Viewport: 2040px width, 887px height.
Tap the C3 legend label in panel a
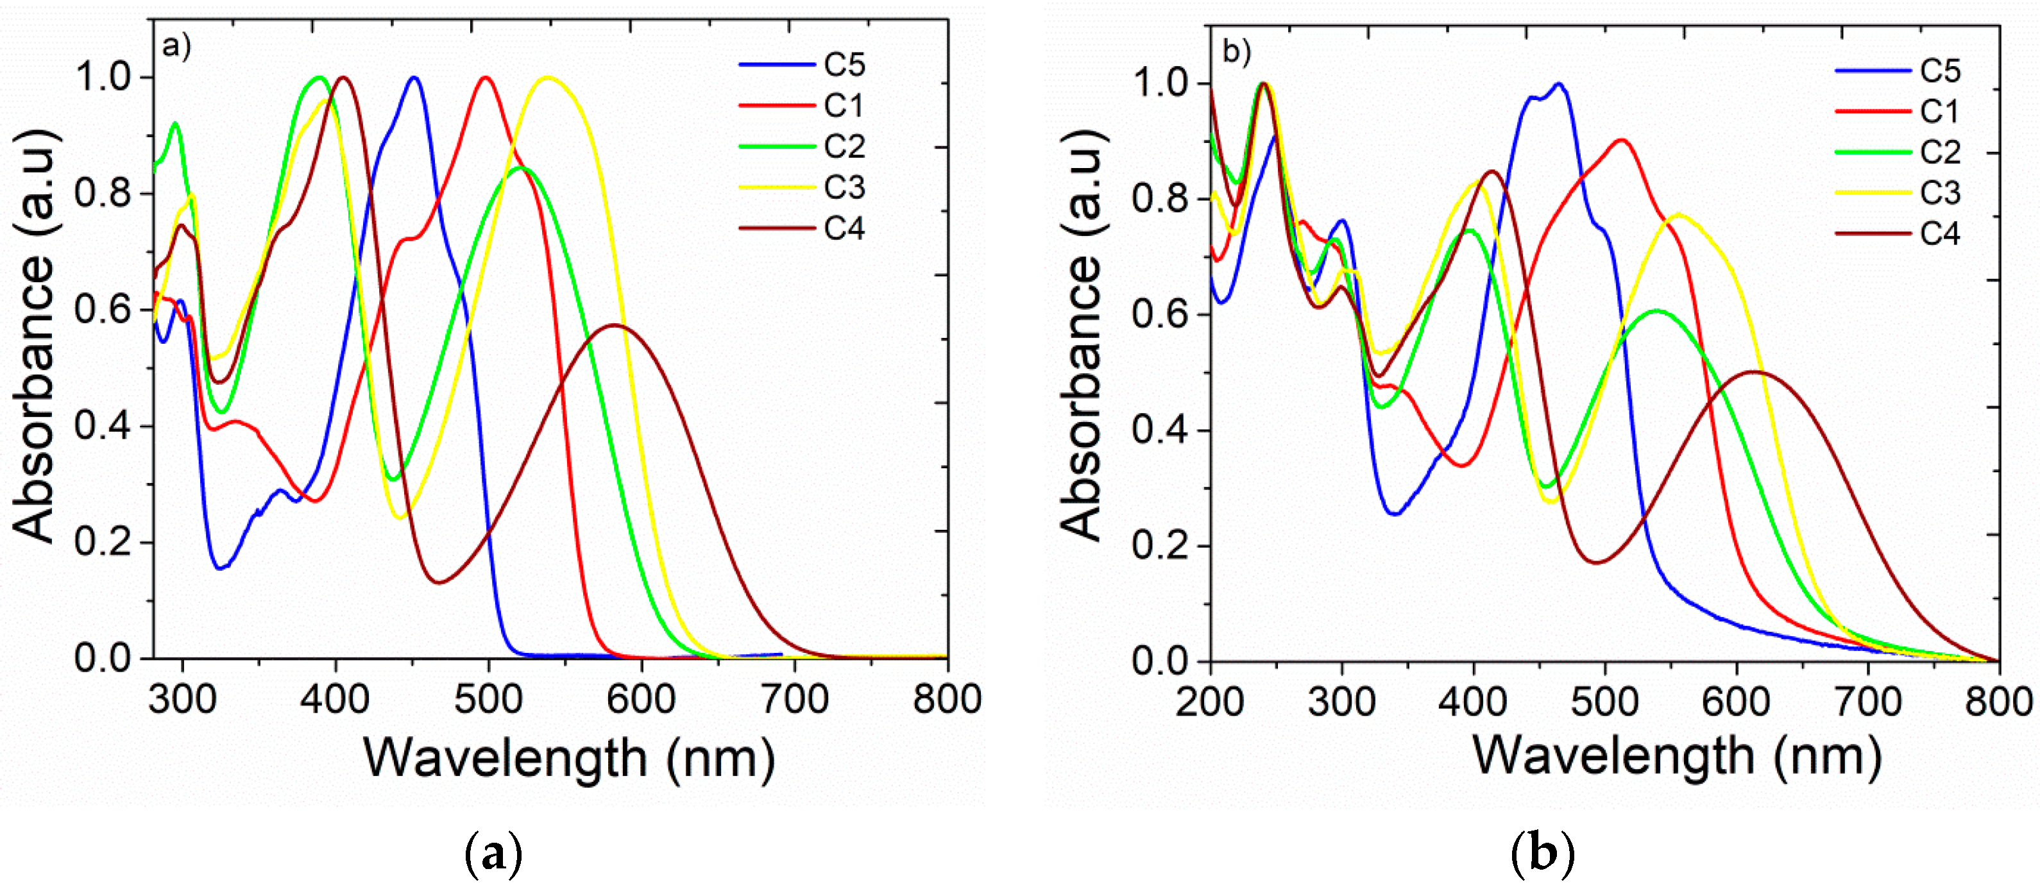[x=844, y=188]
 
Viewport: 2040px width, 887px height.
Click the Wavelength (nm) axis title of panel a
[x=568, y=759]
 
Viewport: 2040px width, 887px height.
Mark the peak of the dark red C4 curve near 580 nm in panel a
[x=615, y=325]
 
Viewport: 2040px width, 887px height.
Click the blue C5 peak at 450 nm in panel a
[x=413, y=78]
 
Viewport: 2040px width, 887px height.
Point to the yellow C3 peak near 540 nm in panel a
[x=548, y=78]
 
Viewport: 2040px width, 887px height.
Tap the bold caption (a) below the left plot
[x=493, y=854]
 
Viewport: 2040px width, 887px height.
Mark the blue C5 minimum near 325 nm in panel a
[x=221, y=568]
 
